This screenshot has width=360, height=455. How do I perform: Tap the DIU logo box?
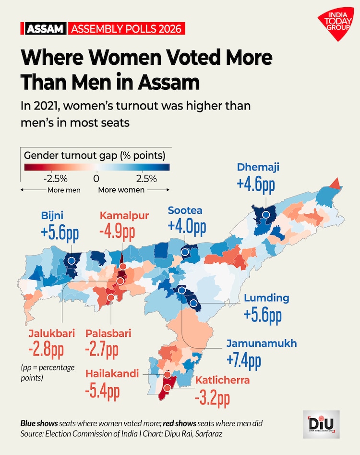321,424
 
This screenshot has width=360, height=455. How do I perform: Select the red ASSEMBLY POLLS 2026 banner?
126,28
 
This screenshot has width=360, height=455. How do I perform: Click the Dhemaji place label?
258,167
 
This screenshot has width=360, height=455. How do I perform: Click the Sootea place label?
185,210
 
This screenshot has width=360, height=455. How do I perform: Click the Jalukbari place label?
45,333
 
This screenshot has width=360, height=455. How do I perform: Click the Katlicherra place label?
222,381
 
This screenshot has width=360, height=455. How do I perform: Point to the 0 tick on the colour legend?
96,179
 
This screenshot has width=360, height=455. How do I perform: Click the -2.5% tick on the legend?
55,179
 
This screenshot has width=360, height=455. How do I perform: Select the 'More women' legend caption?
121,190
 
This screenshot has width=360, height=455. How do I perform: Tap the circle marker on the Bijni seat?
72,260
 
